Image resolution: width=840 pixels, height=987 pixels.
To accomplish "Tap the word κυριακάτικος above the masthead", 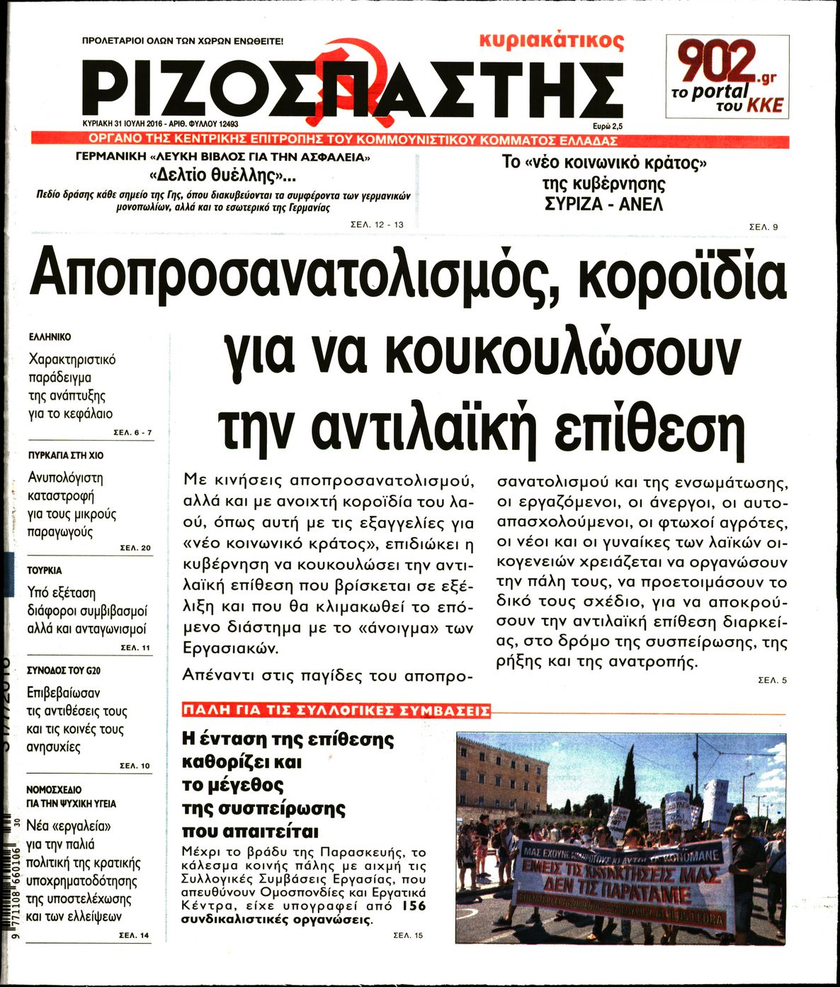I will [551, 40].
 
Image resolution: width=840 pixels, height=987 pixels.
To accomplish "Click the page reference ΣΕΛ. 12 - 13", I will [377, 225].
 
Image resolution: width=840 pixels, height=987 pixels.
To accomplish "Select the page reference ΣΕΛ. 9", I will [764, 227].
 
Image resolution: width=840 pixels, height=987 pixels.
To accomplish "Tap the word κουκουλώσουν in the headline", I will [560, 351].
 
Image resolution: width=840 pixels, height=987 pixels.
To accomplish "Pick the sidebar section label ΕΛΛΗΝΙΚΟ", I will [50, 337].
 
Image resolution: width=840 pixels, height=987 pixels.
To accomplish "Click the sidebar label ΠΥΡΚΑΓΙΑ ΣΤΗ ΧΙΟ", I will [65, 455].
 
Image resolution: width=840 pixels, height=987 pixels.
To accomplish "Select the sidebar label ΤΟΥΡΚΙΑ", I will [45, 570].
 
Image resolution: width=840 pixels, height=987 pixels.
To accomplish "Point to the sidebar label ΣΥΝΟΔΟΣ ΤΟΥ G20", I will [64, 670].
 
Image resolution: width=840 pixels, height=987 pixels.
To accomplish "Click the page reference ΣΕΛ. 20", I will [135, 548].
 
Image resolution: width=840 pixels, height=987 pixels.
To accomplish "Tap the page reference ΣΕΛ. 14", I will [134, 935].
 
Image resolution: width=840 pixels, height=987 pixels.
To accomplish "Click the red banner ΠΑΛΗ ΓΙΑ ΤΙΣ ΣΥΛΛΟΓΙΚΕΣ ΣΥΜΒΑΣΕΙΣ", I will [336, 711].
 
